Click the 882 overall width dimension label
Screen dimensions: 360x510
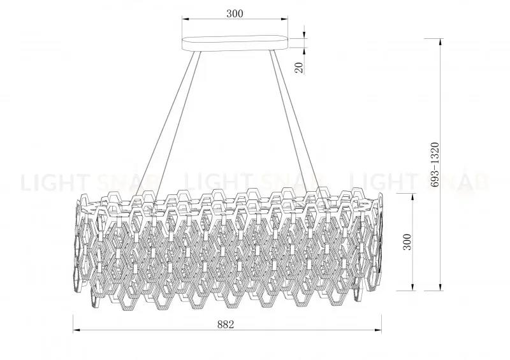pyautogui.click(x=226, y=324)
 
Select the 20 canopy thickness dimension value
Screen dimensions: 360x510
pyautogui.click(x=298, y=66)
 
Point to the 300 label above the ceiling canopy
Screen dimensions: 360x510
pyautogui.click(x=235, y=13)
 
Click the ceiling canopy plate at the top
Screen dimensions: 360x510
pyautogui.click(x=235, y=43)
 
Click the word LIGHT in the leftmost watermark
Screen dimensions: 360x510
pyautogui.click(x=51, y=183)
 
